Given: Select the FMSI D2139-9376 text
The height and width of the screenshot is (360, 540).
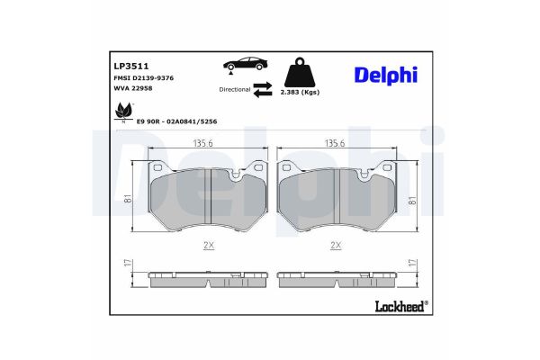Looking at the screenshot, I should [x=143, y=80].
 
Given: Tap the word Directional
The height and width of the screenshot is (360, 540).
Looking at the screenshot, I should [x=233, y=90].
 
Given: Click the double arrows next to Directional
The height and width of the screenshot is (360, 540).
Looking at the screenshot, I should [x=262, y=90].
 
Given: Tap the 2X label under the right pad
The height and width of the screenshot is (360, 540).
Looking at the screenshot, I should [x=335, y=245].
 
